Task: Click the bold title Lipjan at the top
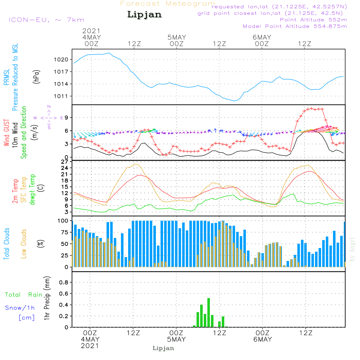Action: pos(144,15)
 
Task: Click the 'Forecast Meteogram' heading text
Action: pos(168,4)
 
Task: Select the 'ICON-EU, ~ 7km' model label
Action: pos(46,20)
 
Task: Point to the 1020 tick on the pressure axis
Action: pos(61,60)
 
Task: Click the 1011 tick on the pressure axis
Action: pos(61,96)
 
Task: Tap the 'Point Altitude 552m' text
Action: pos(314,20)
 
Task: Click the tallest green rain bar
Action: pos(208,312)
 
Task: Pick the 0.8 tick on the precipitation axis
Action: pos(64,282)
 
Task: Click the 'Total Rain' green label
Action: pos(24,294)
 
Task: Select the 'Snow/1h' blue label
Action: pos(20,308)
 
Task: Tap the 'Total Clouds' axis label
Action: pos(6,244)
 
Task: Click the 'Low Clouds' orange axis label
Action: pos(24,244)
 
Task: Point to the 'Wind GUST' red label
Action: pos(6,132)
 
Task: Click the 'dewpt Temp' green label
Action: pos(32,189)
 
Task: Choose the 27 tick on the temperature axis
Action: pos(64,162)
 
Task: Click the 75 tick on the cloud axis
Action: pos(64,232)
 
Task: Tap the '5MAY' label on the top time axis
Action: pos(176,37)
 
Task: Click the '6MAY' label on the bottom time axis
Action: pos(263,339)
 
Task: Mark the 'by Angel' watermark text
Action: pos(352,249)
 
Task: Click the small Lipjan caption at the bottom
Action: pos(163,348)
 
